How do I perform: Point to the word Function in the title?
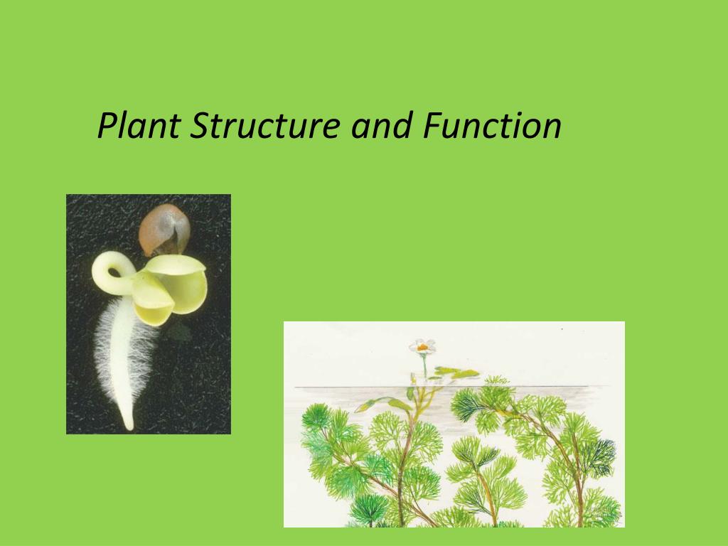[x=491, y=127]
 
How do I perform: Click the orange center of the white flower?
[x=422, y=347]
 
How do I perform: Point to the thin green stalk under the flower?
[x=425, y=365]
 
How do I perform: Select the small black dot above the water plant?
[x=562, y=330]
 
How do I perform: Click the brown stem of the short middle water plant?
[x=486, y=483]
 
